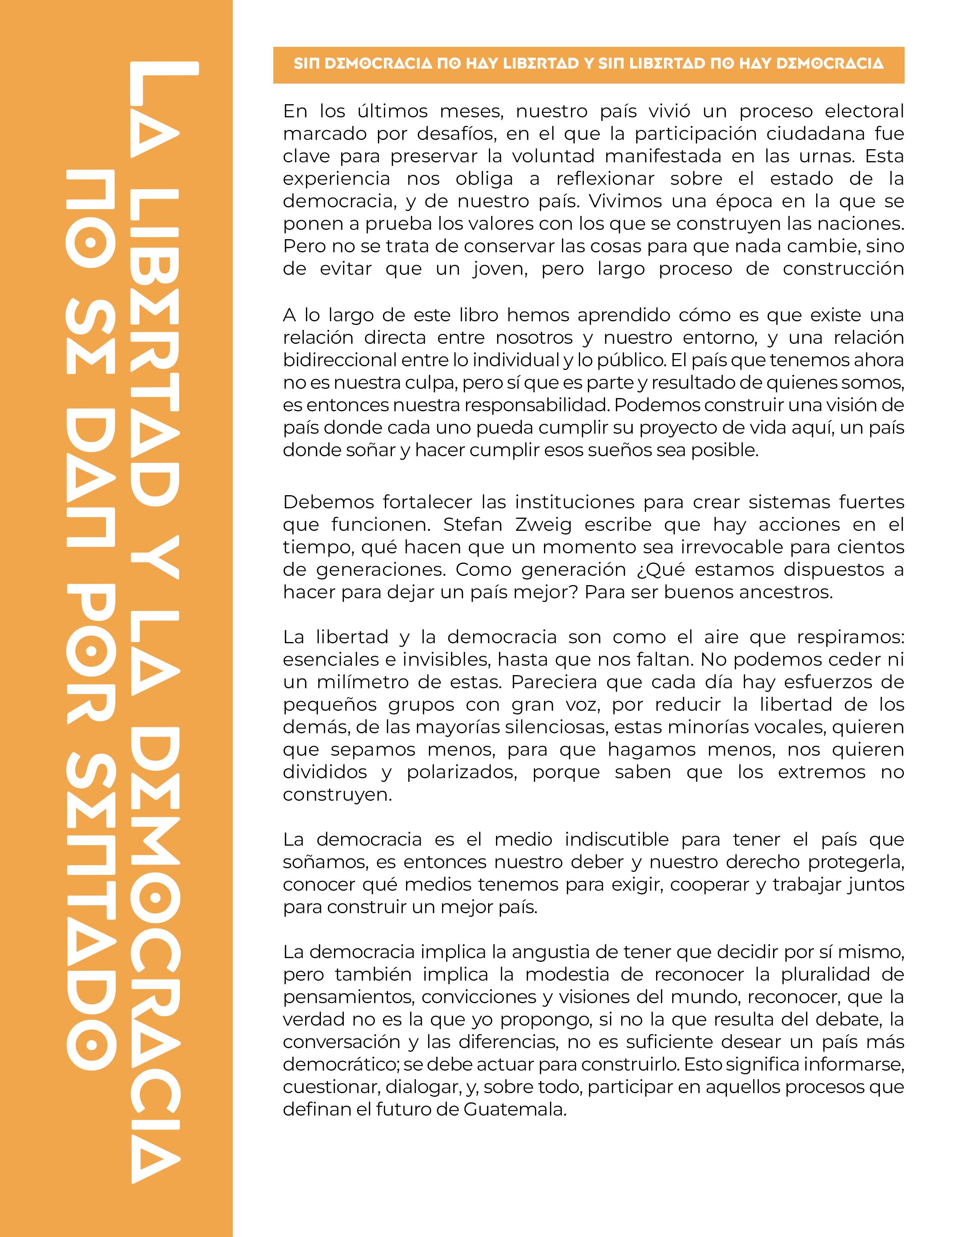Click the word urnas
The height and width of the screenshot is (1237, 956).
pyautogui.click(x=824, y=156)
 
